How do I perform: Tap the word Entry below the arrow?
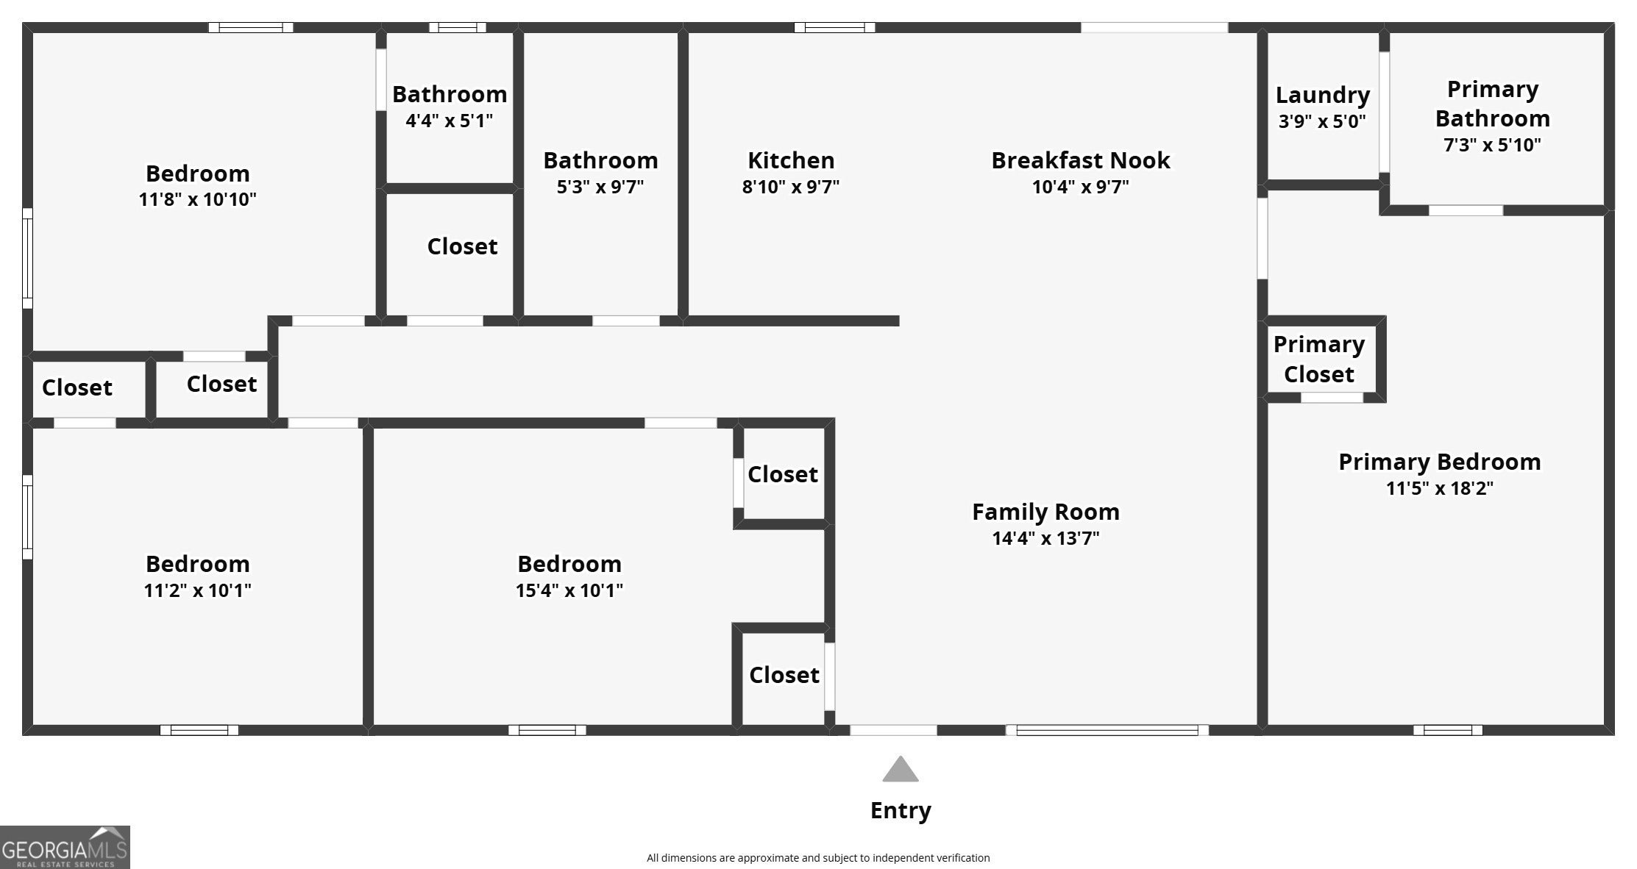pyautogui.click(x=901, y=810)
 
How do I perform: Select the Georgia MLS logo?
pyautogui.click(x=65, y=847)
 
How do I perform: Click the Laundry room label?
pyautogui.click(x=1322, y=95)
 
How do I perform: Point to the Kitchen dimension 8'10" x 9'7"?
pyautogui.click(x=790, y=187)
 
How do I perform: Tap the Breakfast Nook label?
pyautogui.click(x=1080, y=160)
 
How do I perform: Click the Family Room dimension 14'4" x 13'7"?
pyautogui.click(x=1045, y=538)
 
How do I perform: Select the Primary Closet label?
pyautogui.click(x=1319, y=359)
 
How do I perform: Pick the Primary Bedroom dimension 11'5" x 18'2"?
pyautogui.click(x=1439, y=488)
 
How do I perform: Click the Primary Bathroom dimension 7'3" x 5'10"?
pyautogui.click(x=1492, y=145)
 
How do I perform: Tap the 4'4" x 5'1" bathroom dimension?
pyautogui.click(x=449, y=121)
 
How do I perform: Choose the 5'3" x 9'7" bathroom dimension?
pyautogui.click(x=600, y=187)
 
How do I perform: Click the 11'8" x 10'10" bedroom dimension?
pyautogui.click(x=197, y=199)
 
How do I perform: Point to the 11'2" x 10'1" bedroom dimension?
pyautogui.click(x=197, y=590)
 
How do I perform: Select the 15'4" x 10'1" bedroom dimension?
pyautogui.click(x=569, y=590)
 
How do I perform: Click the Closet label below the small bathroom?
pyautogui.click(x=462, y=246)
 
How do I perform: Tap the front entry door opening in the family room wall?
pyautogui.click(x=893, y=730)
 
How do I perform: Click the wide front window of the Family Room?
pyautogui.click(x=1107, y=730)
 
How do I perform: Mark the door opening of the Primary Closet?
pyautogui.click(x=1332, y=398)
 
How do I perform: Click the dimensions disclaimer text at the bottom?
pyautogui.click(x=818, y=858)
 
